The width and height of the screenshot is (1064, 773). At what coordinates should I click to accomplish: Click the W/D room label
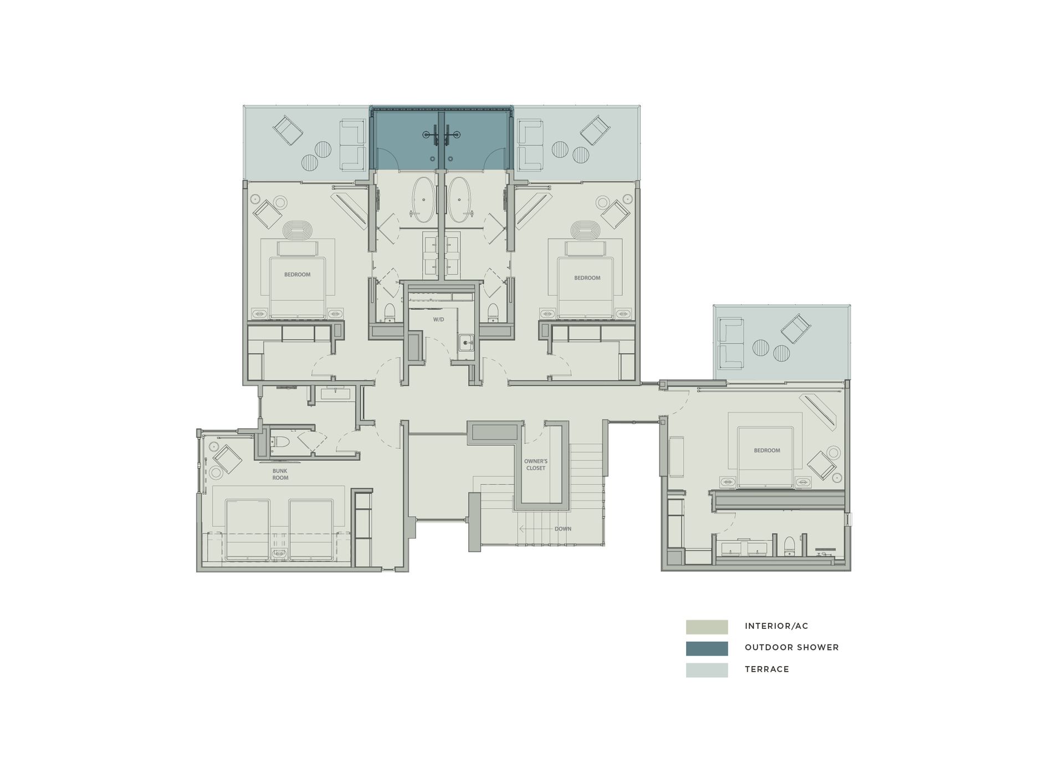(438, 320)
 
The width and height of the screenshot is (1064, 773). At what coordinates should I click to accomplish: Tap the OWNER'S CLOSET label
(536, 464)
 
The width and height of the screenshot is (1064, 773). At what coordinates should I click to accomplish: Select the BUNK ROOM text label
(280, 474)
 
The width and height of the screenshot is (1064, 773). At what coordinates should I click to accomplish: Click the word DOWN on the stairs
(562, 529)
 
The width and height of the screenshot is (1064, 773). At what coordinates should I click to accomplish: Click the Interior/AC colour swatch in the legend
(707, 627)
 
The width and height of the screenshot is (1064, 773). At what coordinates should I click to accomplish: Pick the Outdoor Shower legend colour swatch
(707, 648)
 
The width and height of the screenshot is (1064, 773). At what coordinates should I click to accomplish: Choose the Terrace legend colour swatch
(707, 670)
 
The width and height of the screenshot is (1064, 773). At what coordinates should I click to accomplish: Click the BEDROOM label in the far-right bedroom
(766, 451)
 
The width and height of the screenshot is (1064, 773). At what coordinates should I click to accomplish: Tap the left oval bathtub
(423, 196)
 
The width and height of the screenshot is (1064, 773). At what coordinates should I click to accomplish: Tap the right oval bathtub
(459, 196)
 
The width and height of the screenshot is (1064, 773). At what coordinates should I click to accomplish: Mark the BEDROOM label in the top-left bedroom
(297, 275)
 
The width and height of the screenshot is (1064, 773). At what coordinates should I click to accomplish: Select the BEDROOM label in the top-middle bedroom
(587, 278)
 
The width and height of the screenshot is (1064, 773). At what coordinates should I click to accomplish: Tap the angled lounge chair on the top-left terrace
(288, 131)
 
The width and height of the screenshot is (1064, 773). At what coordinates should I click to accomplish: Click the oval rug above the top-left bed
(298, 229)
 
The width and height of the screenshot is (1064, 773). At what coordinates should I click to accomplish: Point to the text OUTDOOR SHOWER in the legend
(791, 648)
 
